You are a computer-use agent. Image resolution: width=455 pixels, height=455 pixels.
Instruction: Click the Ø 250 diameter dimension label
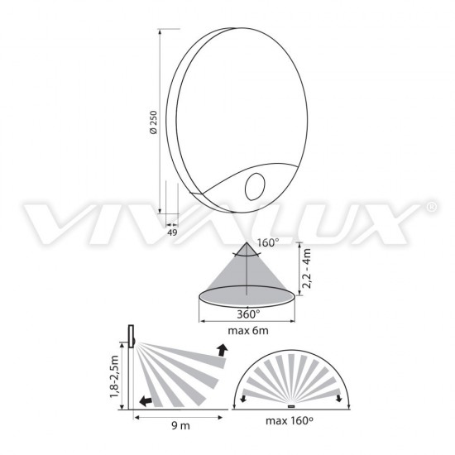154,122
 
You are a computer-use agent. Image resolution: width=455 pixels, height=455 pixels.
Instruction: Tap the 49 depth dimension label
172,232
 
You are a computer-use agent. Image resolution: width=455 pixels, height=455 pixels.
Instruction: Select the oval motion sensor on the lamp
255,187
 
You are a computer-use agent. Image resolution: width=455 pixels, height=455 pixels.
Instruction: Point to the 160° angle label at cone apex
268,242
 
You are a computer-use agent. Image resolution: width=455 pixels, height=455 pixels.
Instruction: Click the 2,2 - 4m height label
306,268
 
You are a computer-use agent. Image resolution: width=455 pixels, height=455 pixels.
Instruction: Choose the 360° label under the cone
248,314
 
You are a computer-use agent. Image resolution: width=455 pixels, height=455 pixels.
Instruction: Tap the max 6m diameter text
248,331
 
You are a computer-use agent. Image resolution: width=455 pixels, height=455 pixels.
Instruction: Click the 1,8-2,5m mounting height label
115,376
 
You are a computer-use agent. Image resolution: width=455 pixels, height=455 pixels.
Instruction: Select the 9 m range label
180,426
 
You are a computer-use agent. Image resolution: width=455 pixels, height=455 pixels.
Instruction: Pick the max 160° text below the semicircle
290,421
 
